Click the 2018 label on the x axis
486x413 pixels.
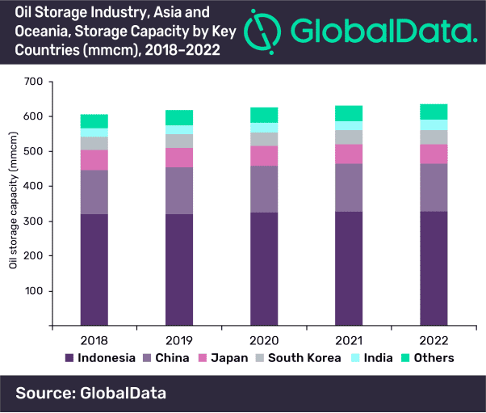94,340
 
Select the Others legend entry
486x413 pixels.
430,358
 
